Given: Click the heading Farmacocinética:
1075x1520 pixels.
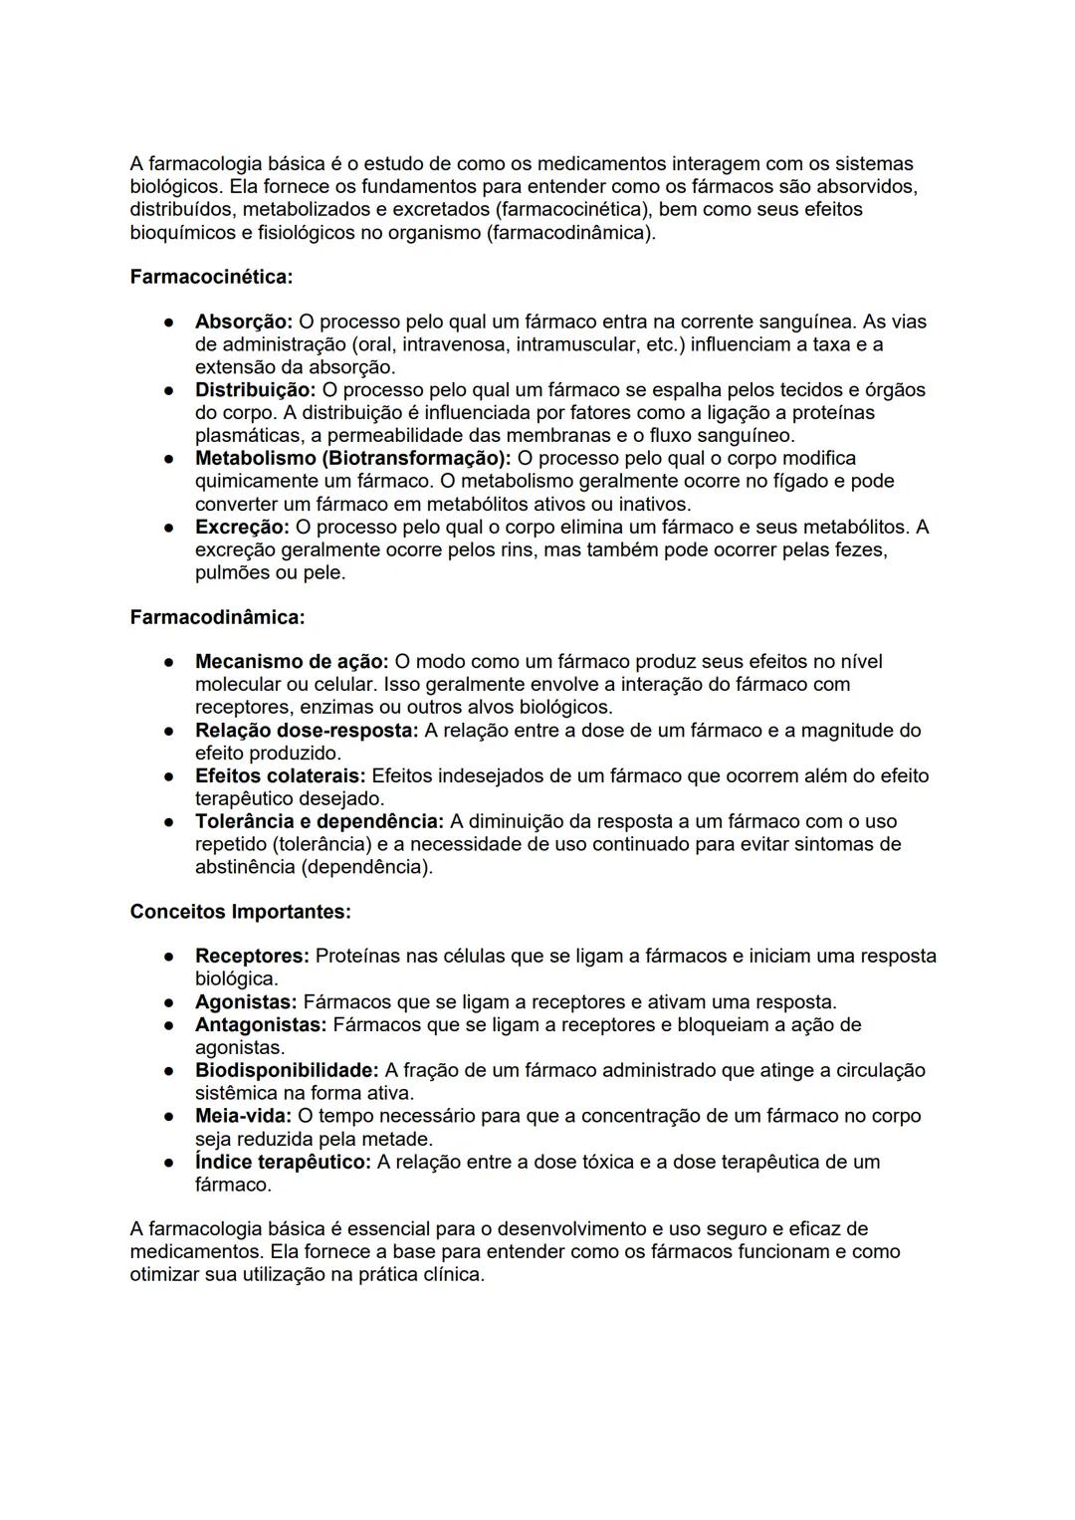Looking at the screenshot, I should pyautogui.click(x=211, y=277).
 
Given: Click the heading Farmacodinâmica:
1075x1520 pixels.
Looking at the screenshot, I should pyautogui.click(x=217, y=617).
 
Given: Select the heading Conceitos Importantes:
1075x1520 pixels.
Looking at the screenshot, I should pyautogui.click(x=240, y=912).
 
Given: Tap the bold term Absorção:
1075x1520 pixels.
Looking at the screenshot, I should pyautogui.click(x=244, y=322).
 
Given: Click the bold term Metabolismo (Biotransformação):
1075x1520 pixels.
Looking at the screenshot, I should pyautogui.click(x=352, y=458).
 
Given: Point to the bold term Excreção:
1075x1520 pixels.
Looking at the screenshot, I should pyautogui.click(x=242, y=527).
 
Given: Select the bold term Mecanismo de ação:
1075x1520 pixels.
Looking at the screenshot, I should pyautogui.click(x=292, y=662).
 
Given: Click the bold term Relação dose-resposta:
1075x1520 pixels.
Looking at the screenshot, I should pyautogui.click(x=307, y=731).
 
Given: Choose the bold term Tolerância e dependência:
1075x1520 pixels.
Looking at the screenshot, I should pyautogui.click(x=320, y=821).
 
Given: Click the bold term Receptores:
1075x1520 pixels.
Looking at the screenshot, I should pyautogui.click(x=252, y=956).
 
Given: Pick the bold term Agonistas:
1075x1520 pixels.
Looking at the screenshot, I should pyautogui.click(x=246, y=1001).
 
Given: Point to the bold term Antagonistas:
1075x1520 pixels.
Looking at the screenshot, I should pyautogui.click(x=261, y=1024).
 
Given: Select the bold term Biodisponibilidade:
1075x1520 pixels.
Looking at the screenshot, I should pyautogui.click(x=287, y=1070).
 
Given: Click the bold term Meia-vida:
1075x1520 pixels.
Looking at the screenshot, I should pyautogui.click(x=243, y=1116).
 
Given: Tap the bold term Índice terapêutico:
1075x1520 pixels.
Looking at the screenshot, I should pyautogui.click(x=283, y=1162).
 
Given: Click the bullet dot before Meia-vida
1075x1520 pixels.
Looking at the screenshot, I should pyautogui.click(x=171, y=1117).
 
